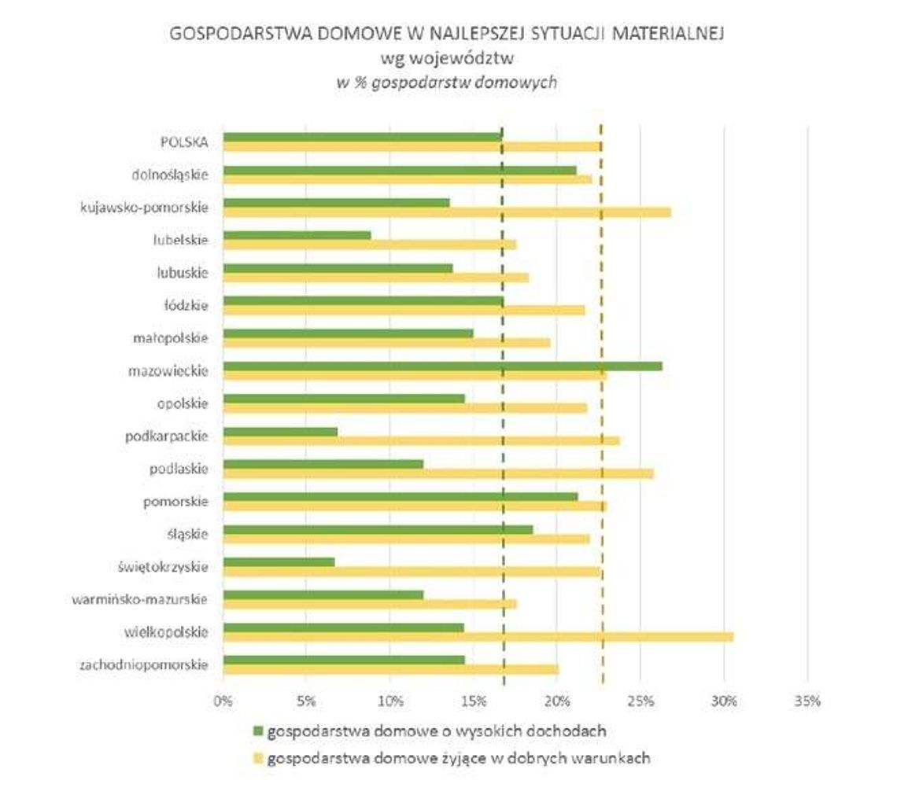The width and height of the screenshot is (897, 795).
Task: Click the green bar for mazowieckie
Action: (x=442, y=366)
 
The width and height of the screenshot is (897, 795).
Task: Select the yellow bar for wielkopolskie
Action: (x=478, y=637)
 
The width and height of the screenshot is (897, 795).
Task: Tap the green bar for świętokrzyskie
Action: (x=279, y=561)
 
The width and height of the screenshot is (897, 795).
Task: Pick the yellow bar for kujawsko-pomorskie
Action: (x=447, y=212)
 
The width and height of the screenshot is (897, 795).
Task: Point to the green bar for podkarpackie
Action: (x=281, y=432)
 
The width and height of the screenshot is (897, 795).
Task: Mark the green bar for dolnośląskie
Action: (x=400, y=170)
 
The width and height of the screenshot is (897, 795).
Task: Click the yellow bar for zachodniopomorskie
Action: (x=391, y=669)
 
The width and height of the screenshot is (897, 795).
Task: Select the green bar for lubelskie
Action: (x=297, y=235)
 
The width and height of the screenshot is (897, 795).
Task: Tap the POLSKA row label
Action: (x=182, y=142)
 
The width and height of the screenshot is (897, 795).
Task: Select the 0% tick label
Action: (x=223, y=701)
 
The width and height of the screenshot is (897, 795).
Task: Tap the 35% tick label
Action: (x=807, y=701)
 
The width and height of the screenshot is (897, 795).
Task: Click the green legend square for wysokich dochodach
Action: (x=257, y=731)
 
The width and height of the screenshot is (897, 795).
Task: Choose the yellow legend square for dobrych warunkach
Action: (x=257, y=760)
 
